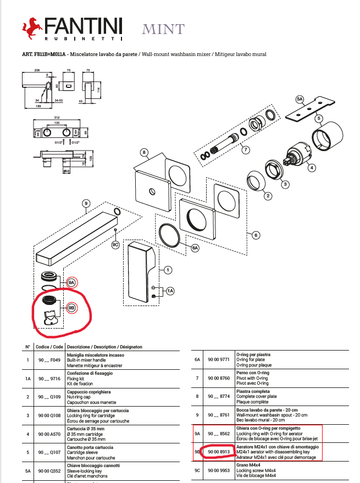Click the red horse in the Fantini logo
click(x=32, y=27)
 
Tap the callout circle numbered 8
click(x=143, y=152)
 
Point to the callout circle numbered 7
click(x=246, y=149)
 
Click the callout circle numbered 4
click(x=312, y=168)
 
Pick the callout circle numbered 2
click(x=268, y=196)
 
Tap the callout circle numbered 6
click(x=255, y=235)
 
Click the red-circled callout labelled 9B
click(x=71, y=308)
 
